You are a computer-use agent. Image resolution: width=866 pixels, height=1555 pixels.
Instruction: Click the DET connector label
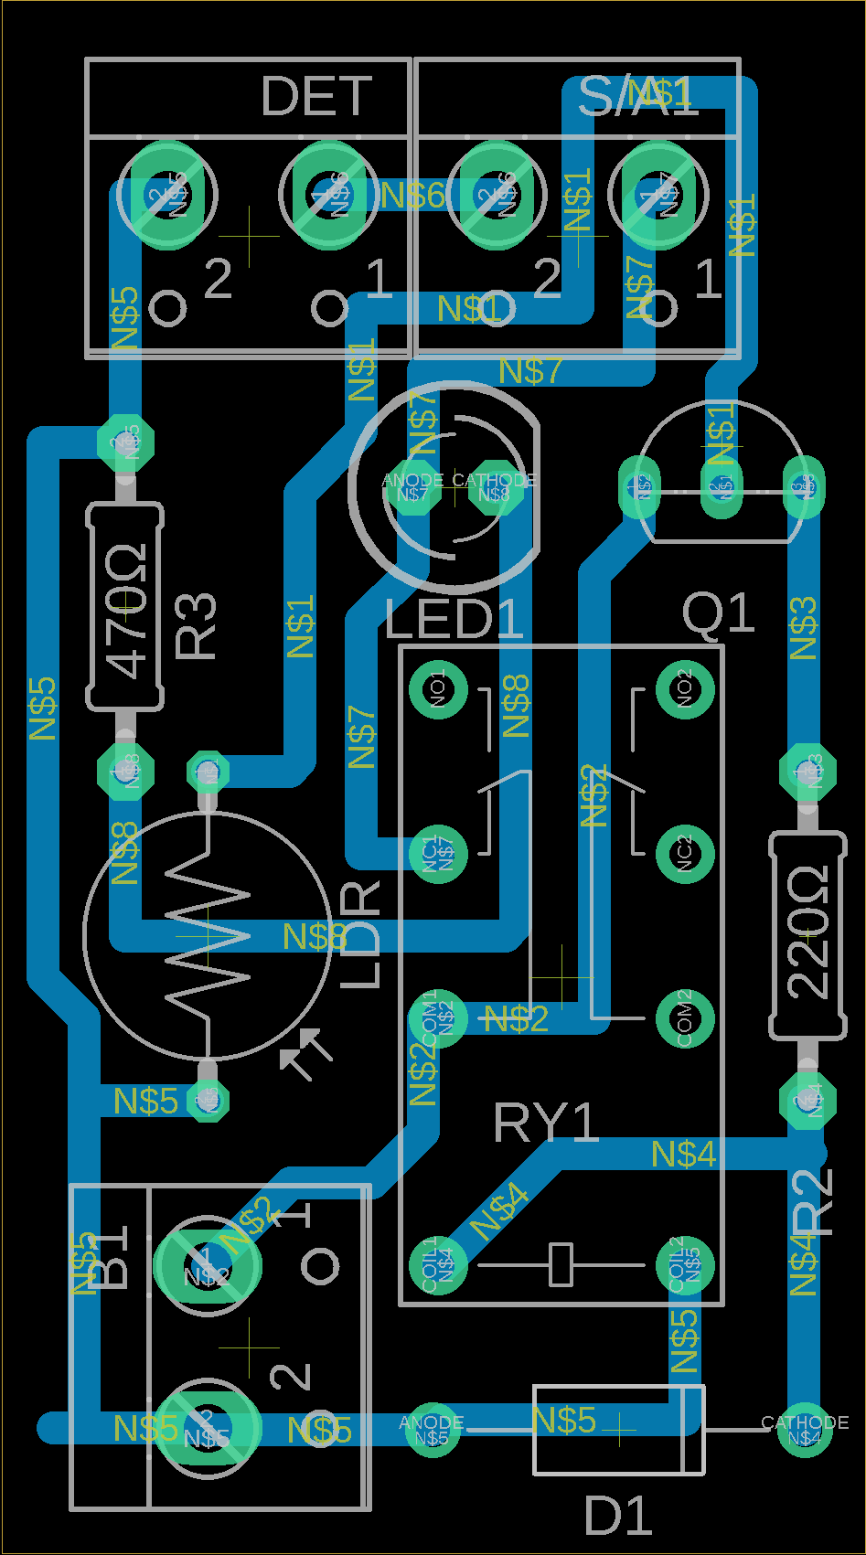pos(316,96)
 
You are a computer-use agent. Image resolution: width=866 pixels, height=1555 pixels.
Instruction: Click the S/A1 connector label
pos(637,96)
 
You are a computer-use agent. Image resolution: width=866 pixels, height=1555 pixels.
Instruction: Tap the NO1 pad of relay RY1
pos(438,689)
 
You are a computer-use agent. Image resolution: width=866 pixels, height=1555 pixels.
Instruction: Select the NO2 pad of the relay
pos(685,689)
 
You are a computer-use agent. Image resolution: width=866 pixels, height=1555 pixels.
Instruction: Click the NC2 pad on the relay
pos(685,854)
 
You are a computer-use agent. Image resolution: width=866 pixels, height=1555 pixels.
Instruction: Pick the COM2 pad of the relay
pos(685,1018)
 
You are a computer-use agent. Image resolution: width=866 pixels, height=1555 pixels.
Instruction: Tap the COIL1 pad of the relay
pos(438,1265)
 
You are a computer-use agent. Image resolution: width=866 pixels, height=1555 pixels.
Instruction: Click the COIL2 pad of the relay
pos(685,1265)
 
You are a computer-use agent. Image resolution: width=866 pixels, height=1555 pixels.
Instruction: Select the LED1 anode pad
pos(410,492)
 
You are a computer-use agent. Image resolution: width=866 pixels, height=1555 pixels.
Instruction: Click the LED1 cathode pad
pos(495,492)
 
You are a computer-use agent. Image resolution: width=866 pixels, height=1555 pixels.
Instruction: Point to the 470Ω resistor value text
pos(126,611)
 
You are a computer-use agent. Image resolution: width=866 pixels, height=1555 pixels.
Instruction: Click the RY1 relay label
pos(545,1123)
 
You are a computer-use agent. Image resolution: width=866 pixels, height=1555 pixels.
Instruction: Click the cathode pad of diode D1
pos(805,1430)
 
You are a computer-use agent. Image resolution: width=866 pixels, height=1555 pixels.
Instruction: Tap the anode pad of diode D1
pos(432,1430)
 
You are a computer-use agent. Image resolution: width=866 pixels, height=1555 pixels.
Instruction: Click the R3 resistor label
pos(196,627)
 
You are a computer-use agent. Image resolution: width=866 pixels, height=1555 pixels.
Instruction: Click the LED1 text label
pos(454,620)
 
